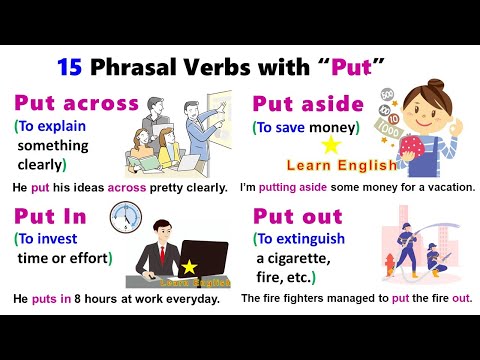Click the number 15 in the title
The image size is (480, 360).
(x=69, y=68)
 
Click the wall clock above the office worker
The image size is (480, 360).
(x=124, y=215)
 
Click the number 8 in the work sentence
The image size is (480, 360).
(x=78, y=298)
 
